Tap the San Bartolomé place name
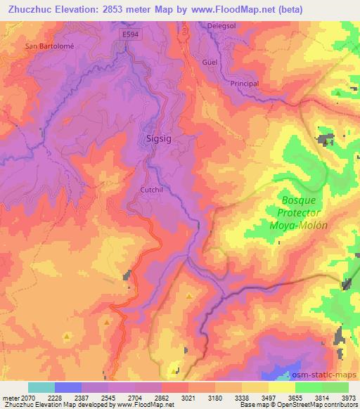pyautogui.click(x=49, y=46)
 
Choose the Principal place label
pyautogui.click(x=245, y=84)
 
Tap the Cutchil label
pyautogui.click(x=152, y=190)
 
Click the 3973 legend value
pyautogui.click(x=348, y=398)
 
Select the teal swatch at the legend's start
pyautogui.click(x=41, y=387)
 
